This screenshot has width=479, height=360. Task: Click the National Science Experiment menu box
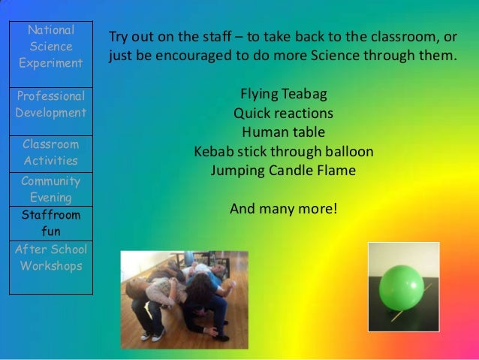click(51, 47)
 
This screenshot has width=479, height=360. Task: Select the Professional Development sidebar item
click(51, 104)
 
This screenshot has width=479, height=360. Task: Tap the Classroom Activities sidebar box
click(51, 153)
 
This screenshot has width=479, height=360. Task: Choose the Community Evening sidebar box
click(51, 189)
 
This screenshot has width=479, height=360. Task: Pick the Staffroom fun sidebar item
click(51, 223)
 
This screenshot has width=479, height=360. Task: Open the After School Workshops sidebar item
click(51, 258)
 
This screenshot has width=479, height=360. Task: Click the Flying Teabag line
click(284, 95)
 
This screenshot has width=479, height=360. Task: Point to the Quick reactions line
click(284, 113)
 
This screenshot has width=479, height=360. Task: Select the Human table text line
click(284, 132)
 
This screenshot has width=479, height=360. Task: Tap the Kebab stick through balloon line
click(284, 151)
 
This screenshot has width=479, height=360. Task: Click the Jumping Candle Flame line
click(284, 171)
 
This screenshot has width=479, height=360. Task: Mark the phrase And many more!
click(284, 208)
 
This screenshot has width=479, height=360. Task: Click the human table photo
click(184, 299)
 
